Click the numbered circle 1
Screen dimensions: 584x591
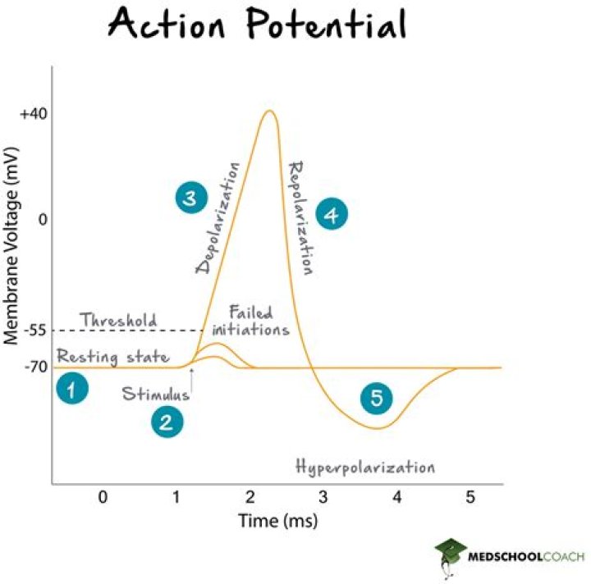[x=72, y=390]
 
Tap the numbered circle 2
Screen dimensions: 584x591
[x=167, y=422]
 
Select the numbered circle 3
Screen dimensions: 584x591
[x=190, y=198]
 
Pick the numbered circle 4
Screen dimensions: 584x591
[x=332, y=215]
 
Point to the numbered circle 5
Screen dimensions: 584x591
[x=377, y=399]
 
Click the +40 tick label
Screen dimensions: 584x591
[x=30, y=114]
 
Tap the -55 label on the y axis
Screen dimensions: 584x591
[x=33, y=331]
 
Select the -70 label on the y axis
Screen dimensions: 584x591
[x=33, y=367]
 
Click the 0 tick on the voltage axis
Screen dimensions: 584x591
[x=41, y=219]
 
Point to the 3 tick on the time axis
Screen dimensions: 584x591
[x=323, y=497]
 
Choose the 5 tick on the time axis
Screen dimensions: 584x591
[x=470, y=497]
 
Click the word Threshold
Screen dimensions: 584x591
[x=118, y=320]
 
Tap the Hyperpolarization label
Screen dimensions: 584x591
[x=364, y=468]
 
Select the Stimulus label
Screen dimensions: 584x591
[x=155, y=394]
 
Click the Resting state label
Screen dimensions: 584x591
[x=112, y=357]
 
